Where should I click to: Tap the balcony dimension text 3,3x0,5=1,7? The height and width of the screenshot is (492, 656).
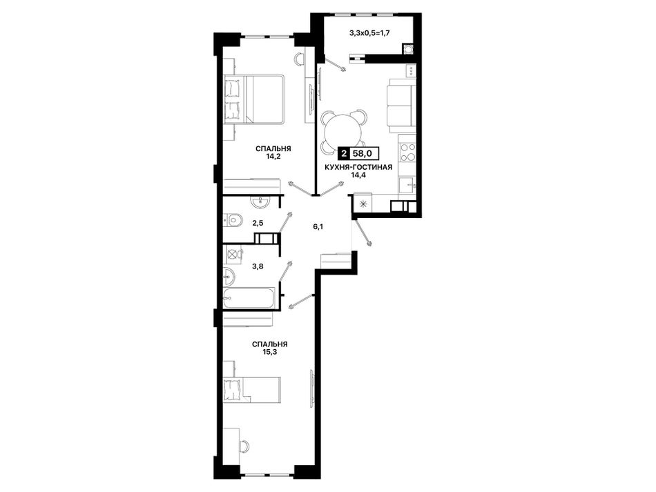pos(370,32)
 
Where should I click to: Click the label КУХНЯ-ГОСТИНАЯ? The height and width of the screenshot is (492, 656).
pos(359,168)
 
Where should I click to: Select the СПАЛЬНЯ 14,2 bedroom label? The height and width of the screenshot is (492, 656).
pos(273,152)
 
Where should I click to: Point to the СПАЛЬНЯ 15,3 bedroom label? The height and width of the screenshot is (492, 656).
pos(269,348)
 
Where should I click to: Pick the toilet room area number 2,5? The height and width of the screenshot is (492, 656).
pos(258,223)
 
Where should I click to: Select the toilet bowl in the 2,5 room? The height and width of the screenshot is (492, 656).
pos(233,219)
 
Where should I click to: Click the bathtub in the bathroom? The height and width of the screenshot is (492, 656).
pos(249,298)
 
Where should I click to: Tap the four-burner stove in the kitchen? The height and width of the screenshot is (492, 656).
pos(408,152)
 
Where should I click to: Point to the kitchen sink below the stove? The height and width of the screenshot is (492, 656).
pos(407,184)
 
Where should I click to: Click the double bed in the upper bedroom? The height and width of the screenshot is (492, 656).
pos(254,99)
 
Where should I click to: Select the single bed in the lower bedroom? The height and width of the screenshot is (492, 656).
pos(251,390)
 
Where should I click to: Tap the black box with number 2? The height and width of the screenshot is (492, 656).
pos(344,153)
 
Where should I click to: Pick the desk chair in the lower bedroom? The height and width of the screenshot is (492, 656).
pos(245,446)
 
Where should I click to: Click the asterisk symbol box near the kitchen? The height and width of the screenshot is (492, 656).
pos(363,204)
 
